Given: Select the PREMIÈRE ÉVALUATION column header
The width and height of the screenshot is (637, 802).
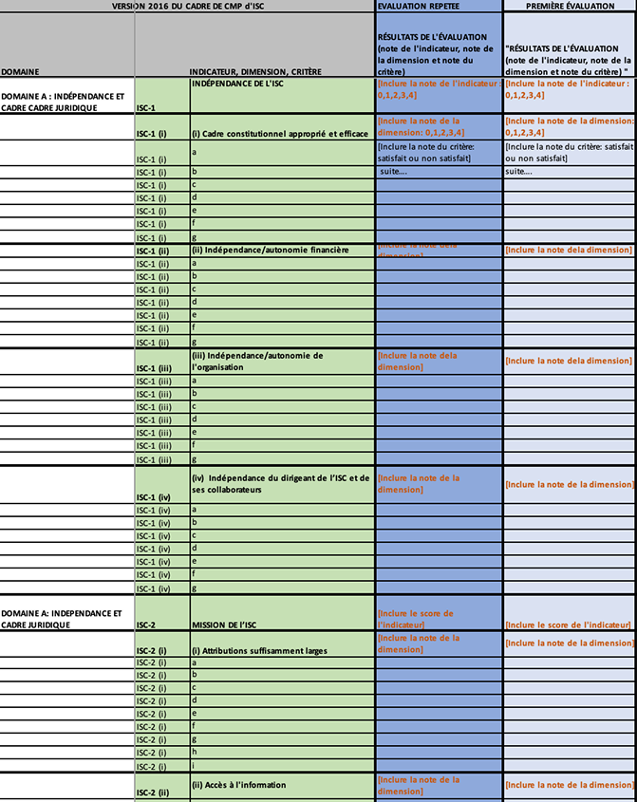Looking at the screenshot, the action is pyautogui.click(x=570, y=6).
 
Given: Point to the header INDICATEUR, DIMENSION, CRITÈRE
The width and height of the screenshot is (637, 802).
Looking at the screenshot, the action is pyautogui.click(x=255, y=71).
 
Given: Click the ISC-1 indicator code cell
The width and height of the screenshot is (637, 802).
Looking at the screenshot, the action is pyautogui.click(x=146, y=107).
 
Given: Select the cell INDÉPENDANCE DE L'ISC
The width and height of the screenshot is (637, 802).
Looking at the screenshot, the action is pyautogui.click(x=237, y=84).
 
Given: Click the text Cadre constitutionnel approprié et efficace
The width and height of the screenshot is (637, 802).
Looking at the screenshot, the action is pyautogui.click(x=272, y=133).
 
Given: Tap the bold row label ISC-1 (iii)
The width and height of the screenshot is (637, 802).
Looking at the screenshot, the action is pyautogui.click(x=154, y=367).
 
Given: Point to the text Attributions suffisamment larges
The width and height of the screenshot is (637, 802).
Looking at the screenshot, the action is pyautogui.click(x=258, y=650).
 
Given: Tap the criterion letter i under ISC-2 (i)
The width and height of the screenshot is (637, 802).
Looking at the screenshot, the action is pyautogui.click(x=194, y=765).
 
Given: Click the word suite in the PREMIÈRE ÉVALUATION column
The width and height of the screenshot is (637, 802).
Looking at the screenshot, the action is pyautogui.click(x=520, y=172).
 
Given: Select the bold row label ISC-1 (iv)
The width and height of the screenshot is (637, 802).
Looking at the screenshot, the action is pyautogui.click(x=154, y=496).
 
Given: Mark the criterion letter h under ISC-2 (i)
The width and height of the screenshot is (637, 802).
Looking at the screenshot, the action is pyautogui.click(x=194, y=752).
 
